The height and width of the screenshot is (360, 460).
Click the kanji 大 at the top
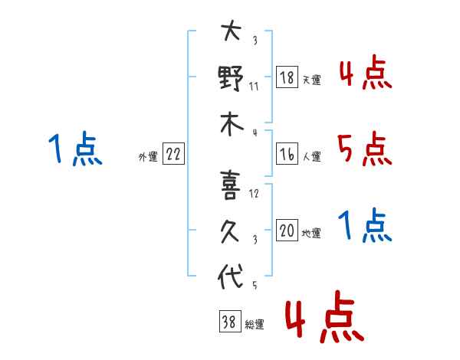coord(231,33)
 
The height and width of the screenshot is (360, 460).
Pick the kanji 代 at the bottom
coord(231,277)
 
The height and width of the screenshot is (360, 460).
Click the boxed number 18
coord(287,77)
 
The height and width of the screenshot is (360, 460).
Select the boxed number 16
coord(287,153)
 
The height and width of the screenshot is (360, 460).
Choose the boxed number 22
coord(173,154)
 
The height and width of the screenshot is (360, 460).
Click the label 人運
coord(311,156)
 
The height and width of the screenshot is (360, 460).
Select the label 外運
coord(148,156)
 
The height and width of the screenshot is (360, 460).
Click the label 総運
coord(254,325)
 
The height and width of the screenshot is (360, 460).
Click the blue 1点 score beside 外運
coord(74,149)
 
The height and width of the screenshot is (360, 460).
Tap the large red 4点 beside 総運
coord(323,318)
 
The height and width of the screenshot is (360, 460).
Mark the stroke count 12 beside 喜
coord(254,194)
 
